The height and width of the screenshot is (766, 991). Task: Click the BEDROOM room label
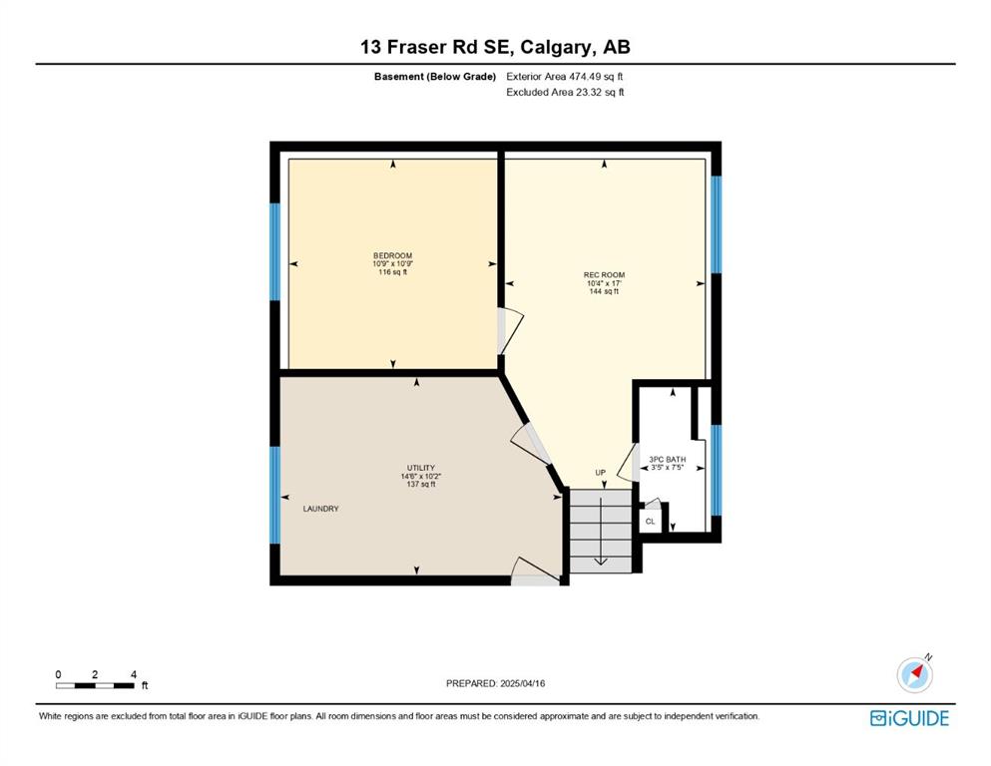pos(392,255)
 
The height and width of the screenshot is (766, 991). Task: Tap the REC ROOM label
pos(604,274)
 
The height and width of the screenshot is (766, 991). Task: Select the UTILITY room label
pos(421,468)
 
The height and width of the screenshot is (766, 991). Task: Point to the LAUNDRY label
pos(321,509)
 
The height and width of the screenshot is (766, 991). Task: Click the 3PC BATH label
pos(668,460)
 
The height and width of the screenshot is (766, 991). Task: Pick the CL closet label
pos(651,522)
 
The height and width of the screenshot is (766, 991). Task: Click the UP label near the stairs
pos(601,473)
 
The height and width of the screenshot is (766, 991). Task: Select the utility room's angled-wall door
pos(531,445)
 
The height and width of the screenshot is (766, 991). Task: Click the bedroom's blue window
pos(274,251)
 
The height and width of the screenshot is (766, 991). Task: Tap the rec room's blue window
pos(717,224)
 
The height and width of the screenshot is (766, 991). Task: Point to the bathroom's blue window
pos(717,471)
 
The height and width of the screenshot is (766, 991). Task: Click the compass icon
pos(914,674)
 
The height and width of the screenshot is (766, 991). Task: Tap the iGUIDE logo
pos(909,718)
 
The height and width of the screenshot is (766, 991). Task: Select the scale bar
pos(95,685)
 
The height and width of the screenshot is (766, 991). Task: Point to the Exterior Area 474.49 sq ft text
pos(565,77)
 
